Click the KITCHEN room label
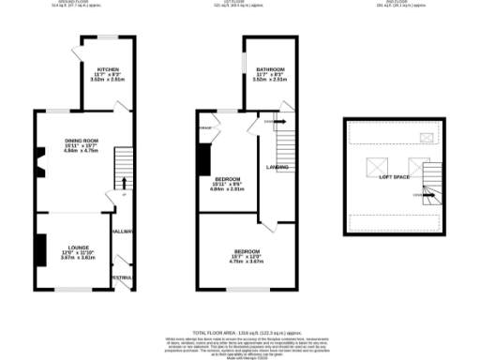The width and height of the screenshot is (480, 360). coord(106,69)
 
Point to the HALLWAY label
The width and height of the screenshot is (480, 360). coord(122,230)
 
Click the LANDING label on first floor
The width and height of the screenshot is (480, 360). coord(277,168)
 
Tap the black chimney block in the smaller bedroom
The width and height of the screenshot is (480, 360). coord(202,160)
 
